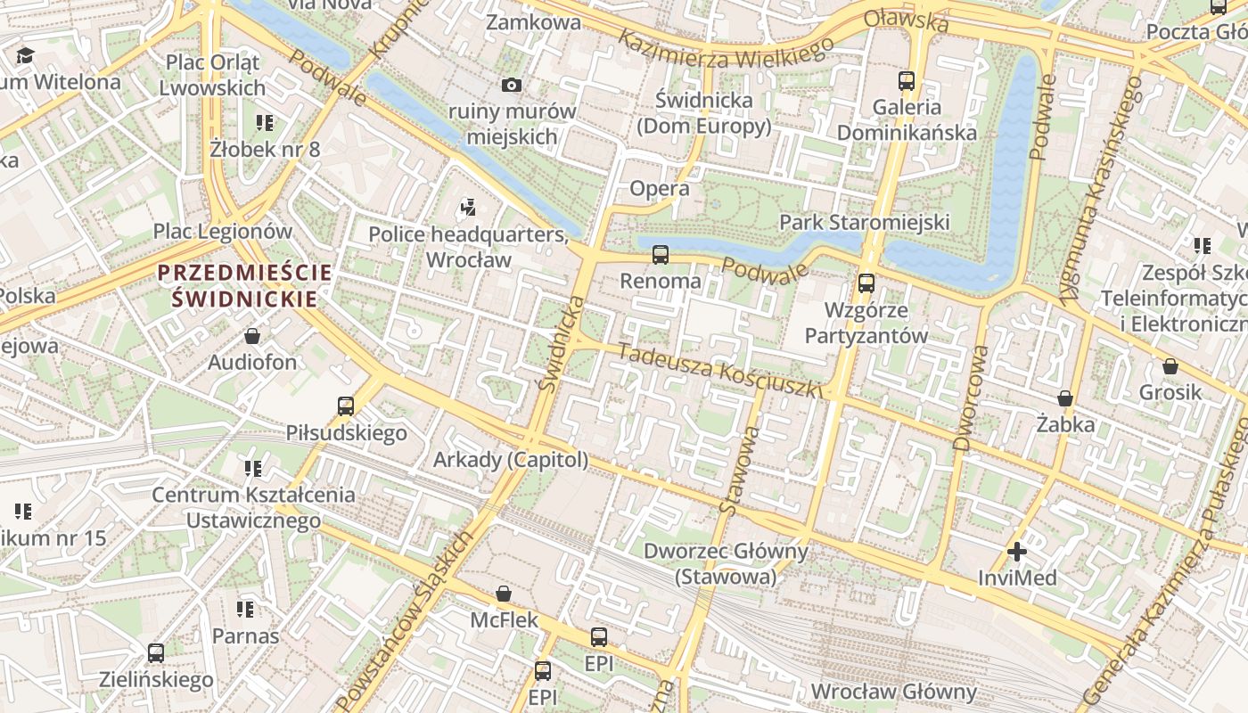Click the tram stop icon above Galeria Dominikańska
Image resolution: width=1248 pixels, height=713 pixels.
907,81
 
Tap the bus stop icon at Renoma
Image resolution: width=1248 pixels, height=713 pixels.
661,255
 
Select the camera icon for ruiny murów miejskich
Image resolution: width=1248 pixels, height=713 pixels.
511,86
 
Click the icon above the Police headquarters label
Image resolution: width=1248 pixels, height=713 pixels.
468,209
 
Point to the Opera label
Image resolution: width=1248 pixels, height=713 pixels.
659,188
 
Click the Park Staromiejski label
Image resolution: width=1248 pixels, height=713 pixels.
864,222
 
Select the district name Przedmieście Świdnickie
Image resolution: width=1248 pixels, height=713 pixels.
244,285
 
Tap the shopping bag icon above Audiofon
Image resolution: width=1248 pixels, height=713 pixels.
252,336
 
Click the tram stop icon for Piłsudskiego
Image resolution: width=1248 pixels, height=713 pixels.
346,406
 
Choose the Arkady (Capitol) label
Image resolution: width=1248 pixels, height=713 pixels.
511,460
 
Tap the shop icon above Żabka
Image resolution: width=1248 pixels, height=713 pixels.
1064,397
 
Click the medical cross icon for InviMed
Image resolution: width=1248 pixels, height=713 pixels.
1016,552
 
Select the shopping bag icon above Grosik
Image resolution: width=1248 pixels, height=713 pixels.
1170,366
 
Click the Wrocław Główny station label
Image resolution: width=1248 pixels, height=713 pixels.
893,692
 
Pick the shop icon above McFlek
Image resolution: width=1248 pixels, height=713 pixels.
504,594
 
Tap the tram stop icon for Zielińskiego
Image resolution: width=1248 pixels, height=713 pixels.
156,652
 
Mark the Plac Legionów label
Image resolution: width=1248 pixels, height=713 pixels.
222,232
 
